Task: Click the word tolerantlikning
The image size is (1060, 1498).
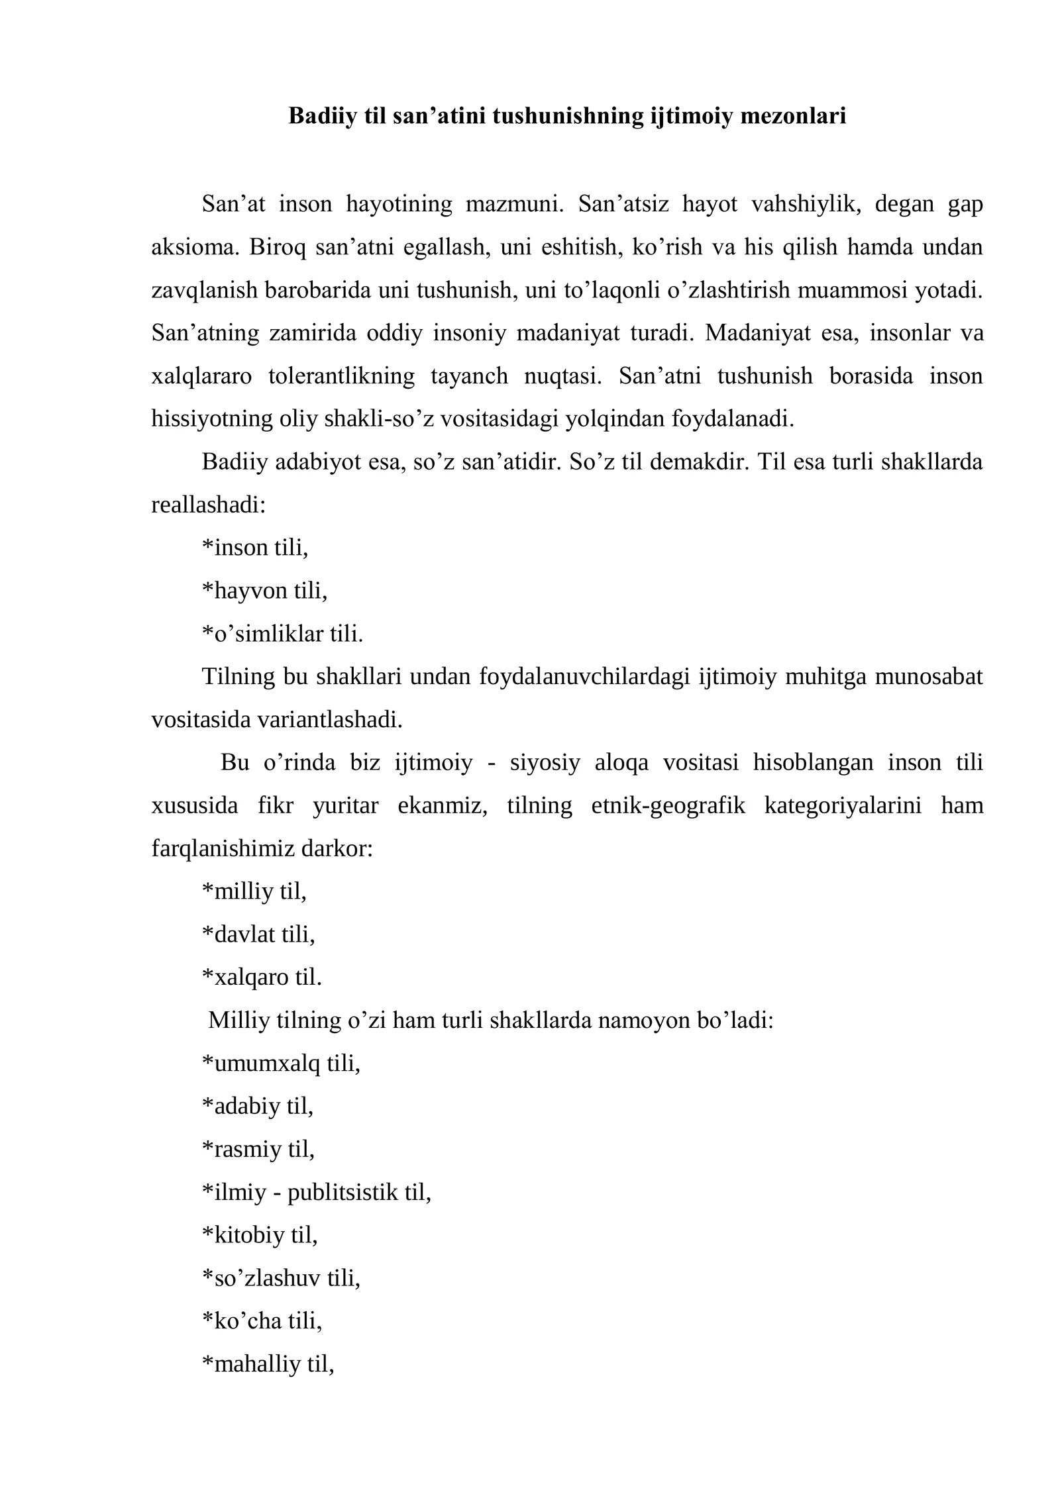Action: tap(341, 376)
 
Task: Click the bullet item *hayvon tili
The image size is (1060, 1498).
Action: tap(264, 591)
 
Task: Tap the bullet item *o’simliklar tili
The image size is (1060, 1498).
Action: tap(283, 634)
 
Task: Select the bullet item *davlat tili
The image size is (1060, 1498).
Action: tap(258, 934)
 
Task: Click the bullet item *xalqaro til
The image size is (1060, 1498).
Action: tap(262, 977)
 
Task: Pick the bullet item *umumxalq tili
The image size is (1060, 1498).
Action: tap(281, 1063)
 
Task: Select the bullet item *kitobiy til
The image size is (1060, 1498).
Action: tap(260, 1234)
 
